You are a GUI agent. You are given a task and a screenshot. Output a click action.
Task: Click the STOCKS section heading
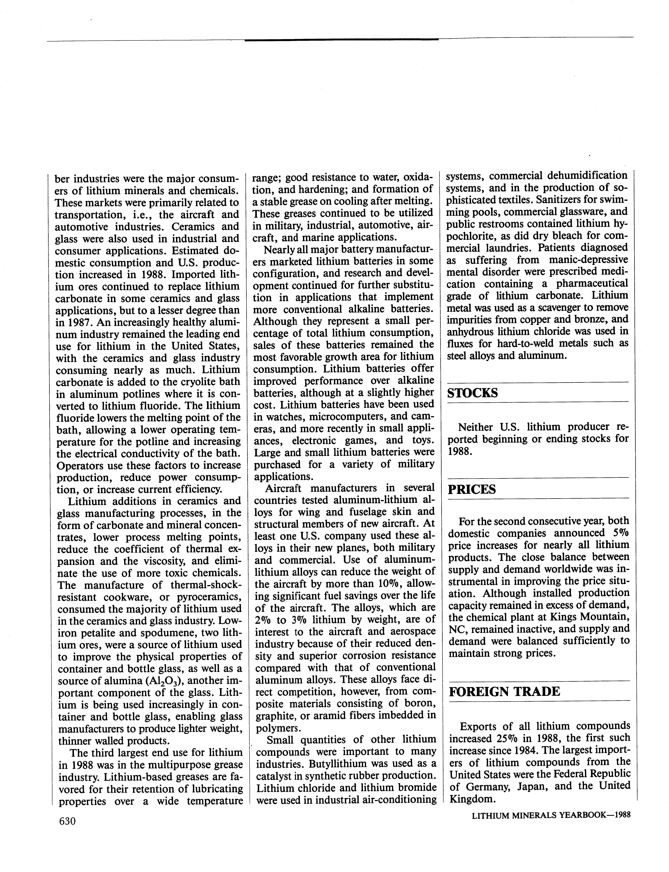tap(472, 393)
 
